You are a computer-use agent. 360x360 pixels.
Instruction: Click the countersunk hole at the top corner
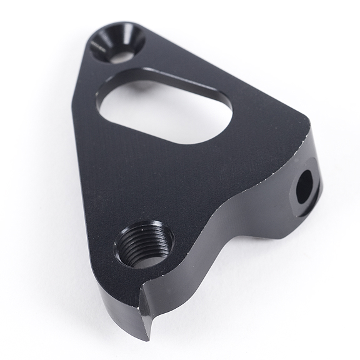click(x=117, y=43)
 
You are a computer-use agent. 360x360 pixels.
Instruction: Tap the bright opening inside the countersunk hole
click(x=122, y=55)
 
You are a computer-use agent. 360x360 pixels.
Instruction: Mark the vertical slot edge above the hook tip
click(x=145, y=300)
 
